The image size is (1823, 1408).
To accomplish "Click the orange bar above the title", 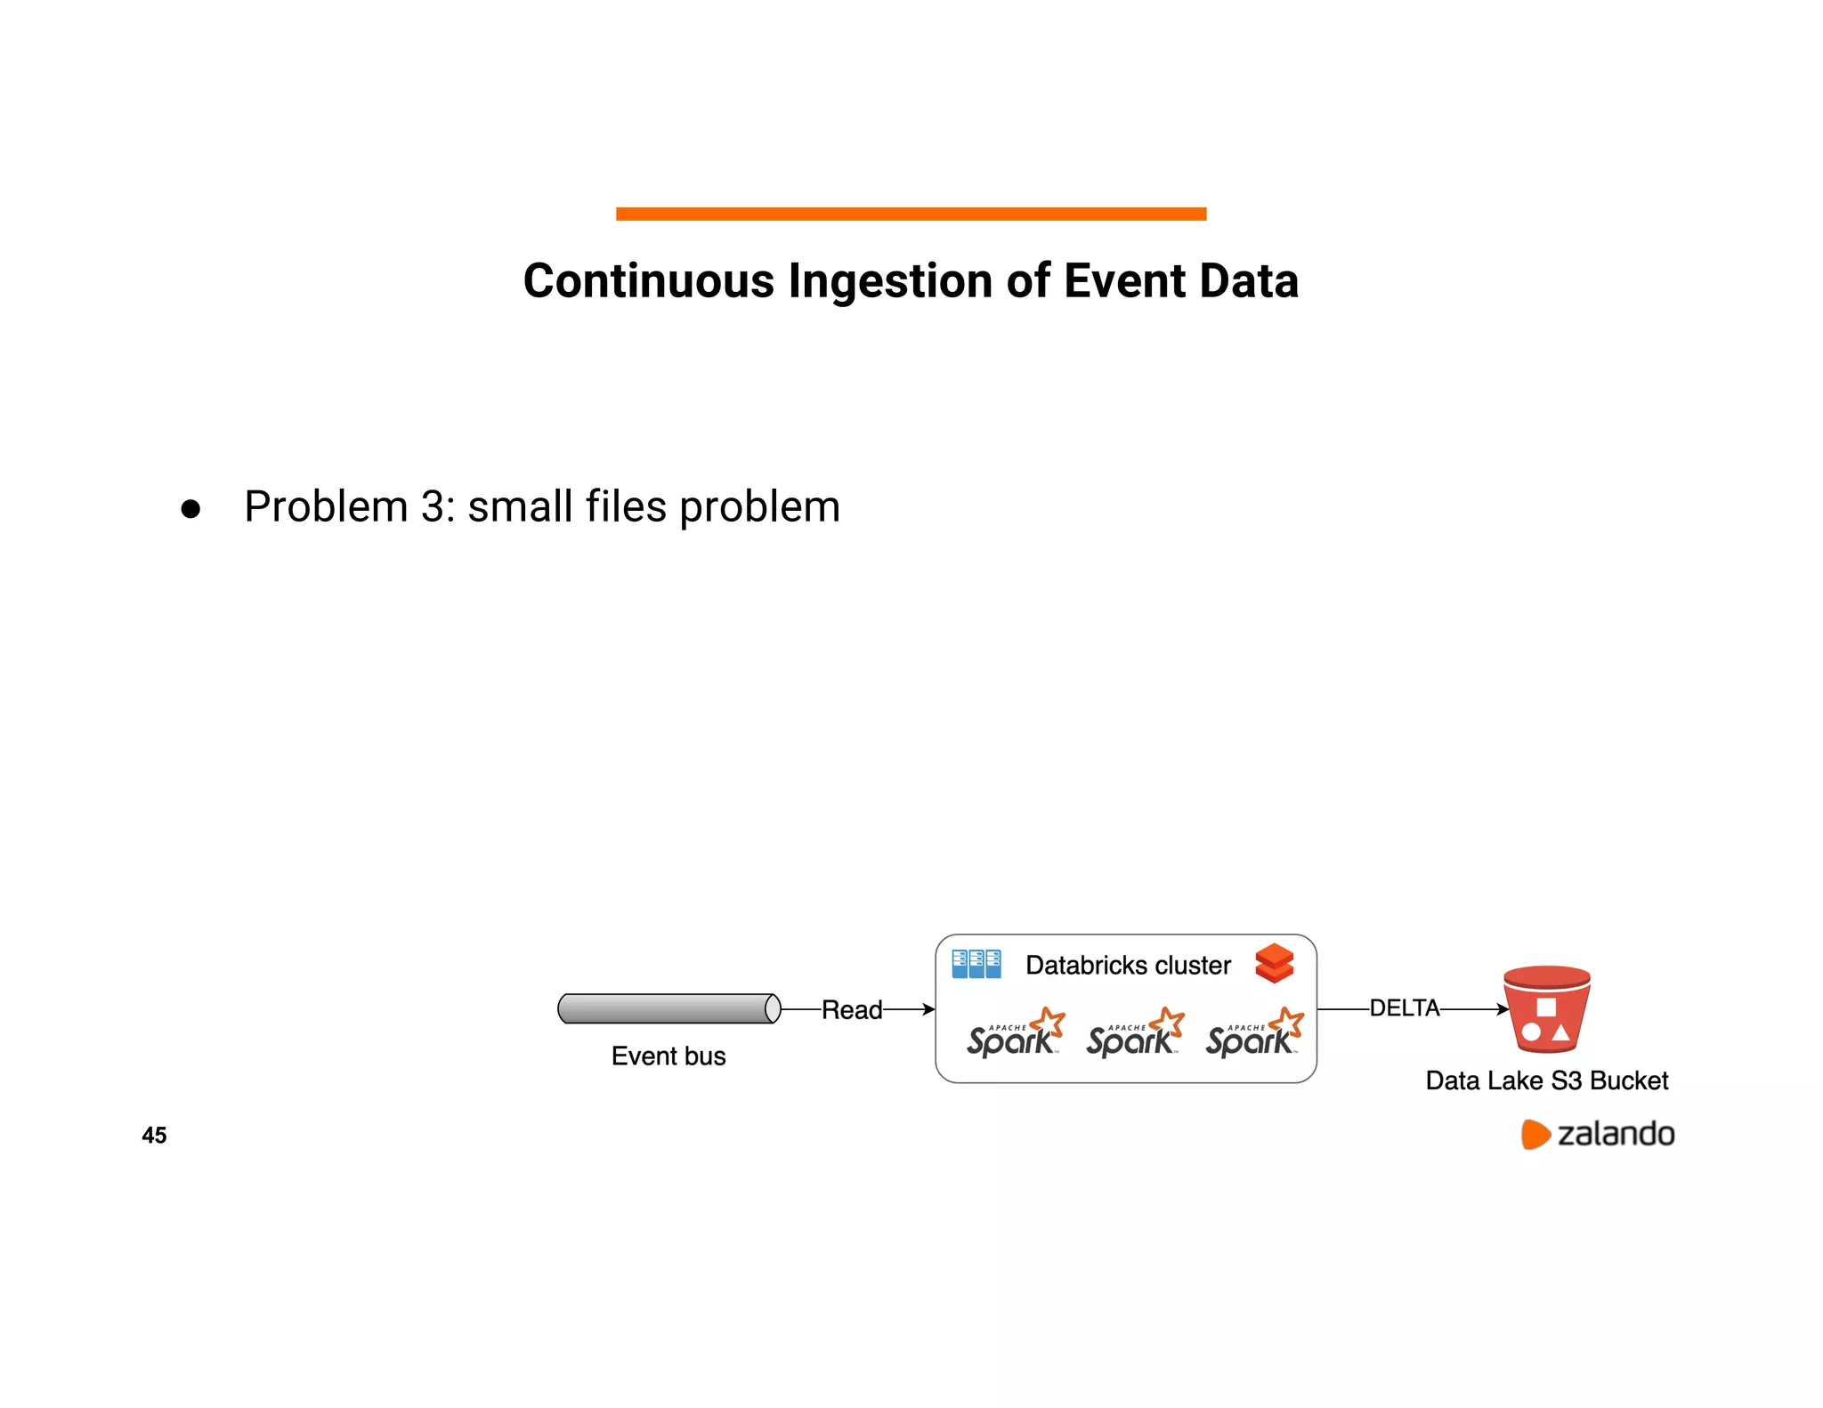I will [911, 214].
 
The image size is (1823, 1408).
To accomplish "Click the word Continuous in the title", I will [648, 281].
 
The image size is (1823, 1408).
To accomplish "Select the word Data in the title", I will [1249, 281].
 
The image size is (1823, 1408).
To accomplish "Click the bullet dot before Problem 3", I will [190, 509].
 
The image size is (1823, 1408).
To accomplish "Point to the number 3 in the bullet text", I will [433, 506].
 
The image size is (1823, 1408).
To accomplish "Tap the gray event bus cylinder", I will [668, 1008].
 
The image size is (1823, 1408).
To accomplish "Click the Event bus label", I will [668, 1056].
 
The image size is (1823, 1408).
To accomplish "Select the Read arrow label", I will [851, 1009].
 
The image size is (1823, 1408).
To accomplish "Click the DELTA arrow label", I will [1404, 1007].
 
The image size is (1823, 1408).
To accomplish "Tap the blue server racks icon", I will [976, 964].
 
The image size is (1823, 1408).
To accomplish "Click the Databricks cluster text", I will [1128, 966].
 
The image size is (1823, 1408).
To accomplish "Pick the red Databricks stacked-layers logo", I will [1274, 963].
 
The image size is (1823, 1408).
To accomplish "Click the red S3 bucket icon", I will [1546, 1009].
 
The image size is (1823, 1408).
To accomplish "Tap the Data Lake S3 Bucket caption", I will [1546, 1080].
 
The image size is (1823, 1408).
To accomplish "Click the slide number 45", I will [154, 1135].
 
